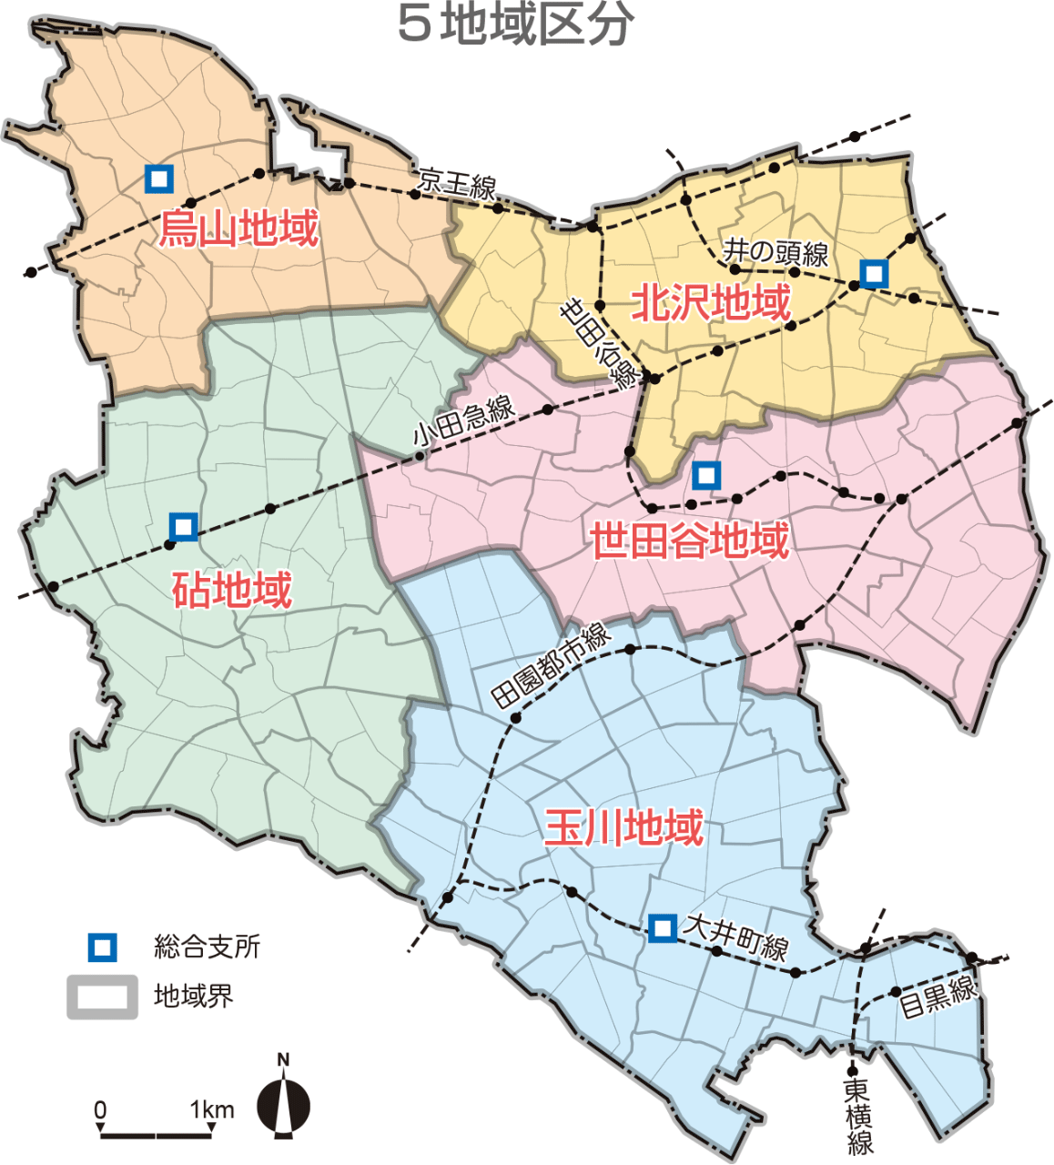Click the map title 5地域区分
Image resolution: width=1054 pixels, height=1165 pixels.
tap(515, 25)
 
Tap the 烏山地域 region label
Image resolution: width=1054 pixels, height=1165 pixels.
tap(239, 228)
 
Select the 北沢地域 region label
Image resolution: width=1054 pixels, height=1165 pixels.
tap(711, 302)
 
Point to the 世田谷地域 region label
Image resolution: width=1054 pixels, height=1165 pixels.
tap(690, 542)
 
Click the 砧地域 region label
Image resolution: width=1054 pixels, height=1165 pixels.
tap(232, 591)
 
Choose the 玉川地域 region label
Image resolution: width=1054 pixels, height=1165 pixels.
tap(624, 828)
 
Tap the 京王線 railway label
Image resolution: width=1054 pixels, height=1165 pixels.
tap(457, 184)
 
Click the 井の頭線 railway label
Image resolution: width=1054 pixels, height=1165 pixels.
tap(775, 252)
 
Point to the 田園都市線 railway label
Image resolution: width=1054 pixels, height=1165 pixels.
tap(552, 666)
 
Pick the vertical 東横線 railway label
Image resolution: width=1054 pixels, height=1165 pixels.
tap(857, 1115)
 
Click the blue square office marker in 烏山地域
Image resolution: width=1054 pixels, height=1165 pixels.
tap(159, 178)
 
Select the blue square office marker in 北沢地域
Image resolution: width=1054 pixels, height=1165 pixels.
tap(874, 273)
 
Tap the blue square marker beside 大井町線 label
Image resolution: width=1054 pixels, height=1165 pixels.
tap(663, 928)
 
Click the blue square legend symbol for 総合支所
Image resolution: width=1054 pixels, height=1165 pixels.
tap(102, 947)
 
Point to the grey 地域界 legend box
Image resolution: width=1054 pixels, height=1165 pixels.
tap(102, 997)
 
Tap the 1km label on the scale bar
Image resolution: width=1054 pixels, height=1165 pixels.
tap(212, 1110)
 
